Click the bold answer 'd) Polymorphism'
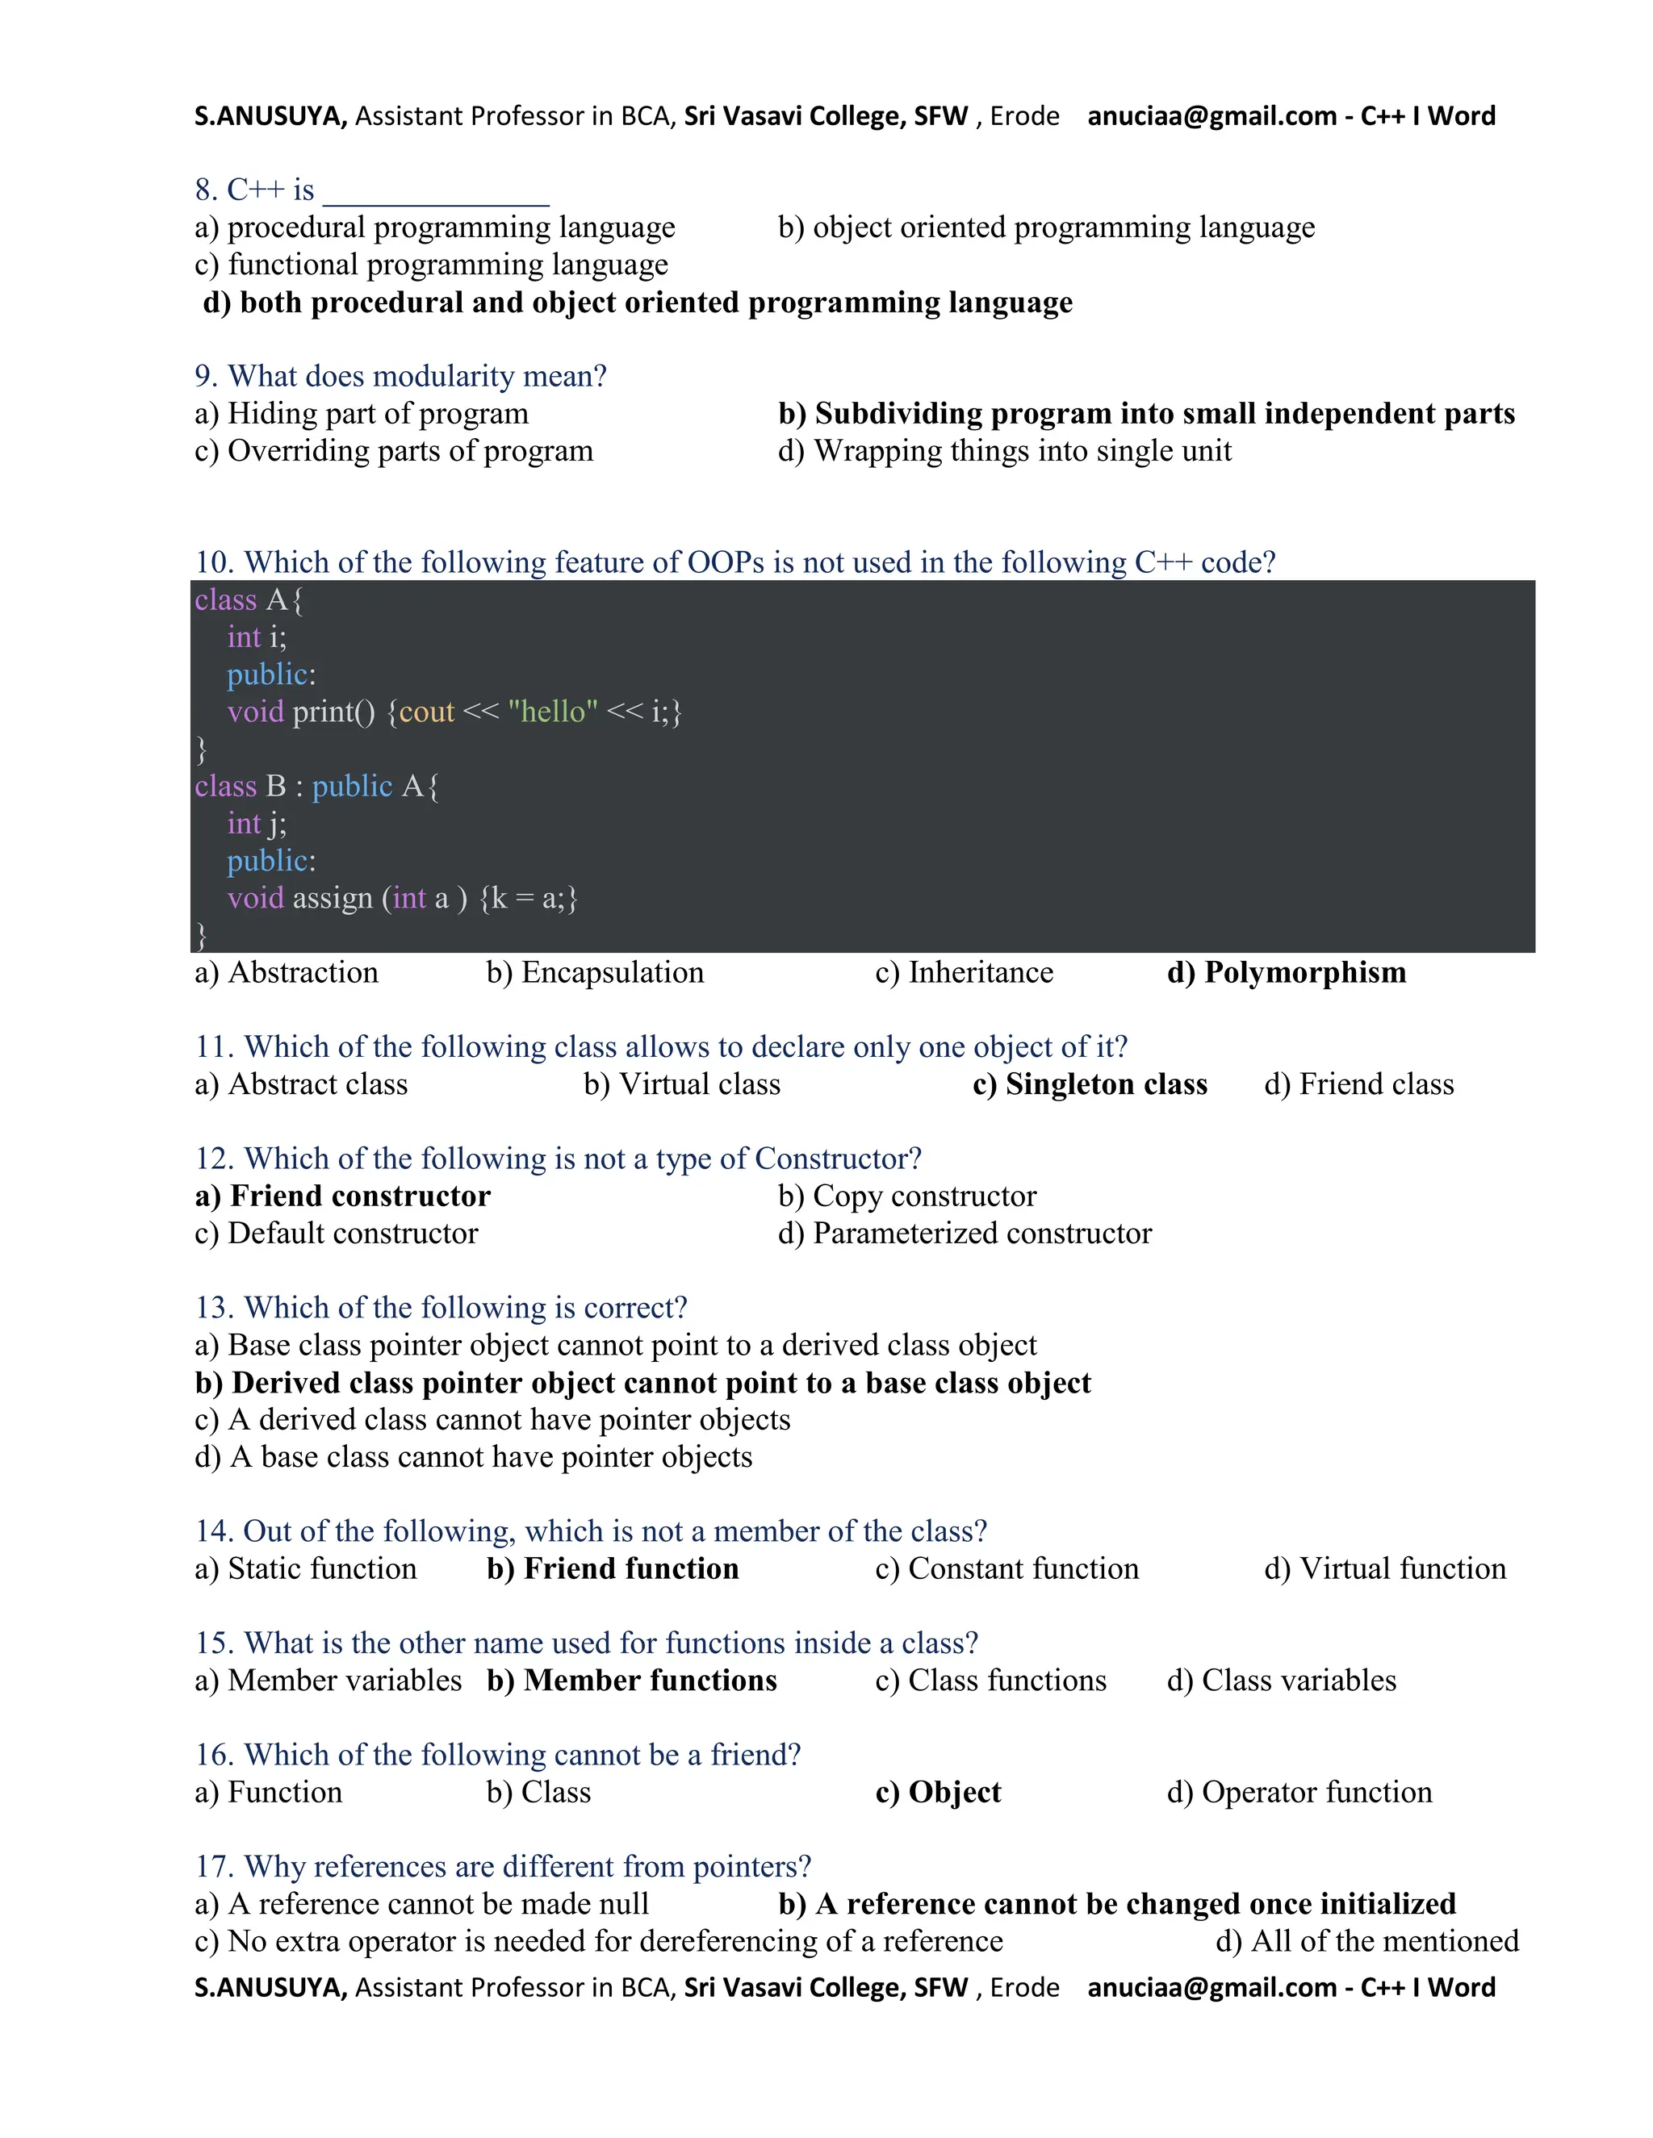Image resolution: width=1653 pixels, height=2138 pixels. (1286, 973)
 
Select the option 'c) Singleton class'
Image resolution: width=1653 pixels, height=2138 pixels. (1090, 1084)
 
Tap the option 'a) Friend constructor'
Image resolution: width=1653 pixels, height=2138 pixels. (343, 1196)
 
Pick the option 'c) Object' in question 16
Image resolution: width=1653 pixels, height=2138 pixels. (938, 1793)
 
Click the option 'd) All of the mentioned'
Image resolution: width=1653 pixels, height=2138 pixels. (1367, 1941)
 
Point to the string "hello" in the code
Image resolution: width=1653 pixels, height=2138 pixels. (553, 712)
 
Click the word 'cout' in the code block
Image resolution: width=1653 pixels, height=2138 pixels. (427, 712)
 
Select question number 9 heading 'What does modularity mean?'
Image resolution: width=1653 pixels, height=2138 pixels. (400, 376)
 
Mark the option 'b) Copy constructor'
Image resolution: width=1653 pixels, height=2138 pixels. (906, 1196)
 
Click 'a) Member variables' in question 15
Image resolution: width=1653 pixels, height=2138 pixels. (328, 1681)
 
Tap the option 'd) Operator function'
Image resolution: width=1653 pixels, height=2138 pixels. (1299, 1793)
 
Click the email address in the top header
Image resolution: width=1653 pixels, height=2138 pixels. (1212, 116)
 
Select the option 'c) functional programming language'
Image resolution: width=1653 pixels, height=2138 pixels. (432, 265)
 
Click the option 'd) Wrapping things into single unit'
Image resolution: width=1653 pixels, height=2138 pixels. (1005, 451)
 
